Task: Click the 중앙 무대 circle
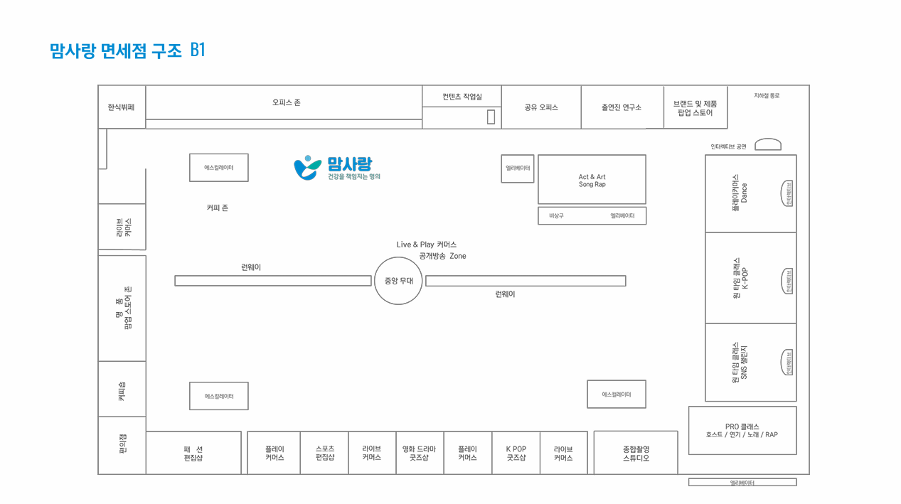coord(398,281)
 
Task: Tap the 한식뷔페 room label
coord(121,107)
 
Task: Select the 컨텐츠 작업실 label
coord(462,97)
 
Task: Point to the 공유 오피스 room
coord(541,107)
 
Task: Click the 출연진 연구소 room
coord(622,107)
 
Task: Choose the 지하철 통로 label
coord(767,95)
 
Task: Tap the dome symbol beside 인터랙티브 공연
coord(767,144)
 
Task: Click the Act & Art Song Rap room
coord(592,180)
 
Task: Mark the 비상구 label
coord(556,215)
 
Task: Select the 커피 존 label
coord(217,208)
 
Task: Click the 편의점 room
coord(122,446)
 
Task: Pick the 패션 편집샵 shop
coord(193,453)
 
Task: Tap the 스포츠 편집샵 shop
coord(324,453)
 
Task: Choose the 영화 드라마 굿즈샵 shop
coord(419,453)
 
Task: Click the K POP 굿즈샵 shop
coord(516,453)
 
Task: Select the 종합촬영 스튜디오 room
coord(636,453)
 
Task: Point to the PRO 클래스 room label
coord(742,430)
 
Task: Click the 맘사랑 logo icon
coord(307,168)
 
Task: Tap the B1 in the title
coord(198,50)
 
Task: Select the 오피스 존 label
coord(286,102)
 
